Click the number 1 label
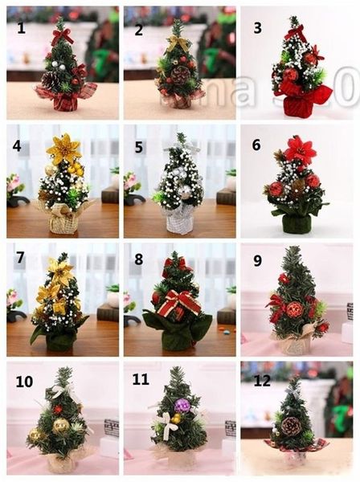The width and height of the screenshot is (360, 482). pos(22,28)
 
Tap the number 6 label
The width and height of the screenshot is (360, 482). pos(256,145)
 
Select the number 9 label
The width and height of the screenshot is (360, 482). pos(257,261)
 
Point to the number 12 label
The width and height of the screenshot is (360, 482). pos(263,381)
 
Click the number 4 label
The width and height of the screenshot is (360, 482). pos(16,146)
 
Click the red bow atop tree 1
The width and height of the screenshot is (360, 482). pos(61,35)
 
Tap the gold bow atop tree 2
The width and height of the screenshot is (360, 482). pos(179,43)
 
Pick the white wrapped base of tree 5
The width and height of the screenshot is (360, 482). pos(179,220)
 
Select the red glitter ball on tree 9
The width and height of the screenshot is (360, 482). pos(294,309)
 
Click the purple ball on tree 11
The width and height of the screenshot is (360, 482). pos(182,406)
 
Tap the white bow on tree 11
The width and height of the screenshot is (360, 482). pos(167,423)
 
